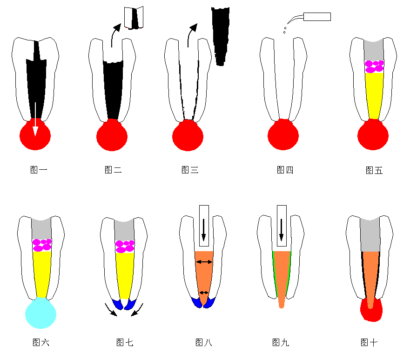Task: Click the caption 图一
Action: (x=39, y=170)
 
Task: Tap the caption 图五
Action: (x=374, y=170)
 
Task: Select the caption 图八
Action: (x=204, y=342)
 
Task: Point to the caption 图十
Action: (x=369, y=342)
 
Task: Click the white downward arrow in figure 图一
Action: (x=35, y=119)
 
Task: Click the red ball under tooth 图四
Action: (x=283, y=134)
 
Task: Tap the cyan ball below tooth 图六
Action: (x=40, y=313)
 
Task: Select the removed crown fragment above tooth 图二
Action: (x=134, y=18)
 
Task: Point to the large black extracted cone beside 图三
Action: (x=221, y=36)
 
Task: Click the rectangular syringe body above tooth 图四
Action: (x=317, y=17)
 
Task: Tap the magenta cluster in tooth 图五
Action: (x=374, y=67)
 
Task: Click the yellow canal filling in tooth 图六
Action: (x=42, y=274)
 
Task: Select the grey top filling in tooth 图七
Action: (x=124, y=230)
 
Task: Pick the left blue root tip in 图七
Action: (x=118, y=304)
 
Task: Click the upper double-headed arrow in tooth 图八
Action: (x=204, y=262)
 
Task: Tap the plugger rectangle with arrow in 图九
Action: (x=282, y=226)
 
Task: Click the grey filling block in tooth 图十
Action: (x=370, y=234)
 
